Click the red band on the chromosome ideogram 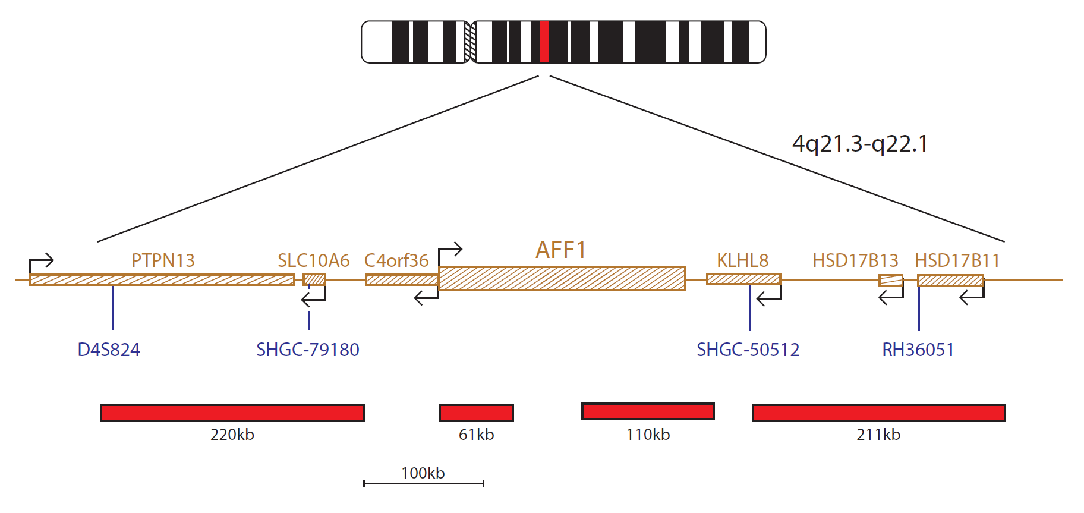pos(543,42)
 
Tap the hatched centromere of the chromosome pos(470,42)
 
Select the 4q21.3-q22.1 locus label pos(860,144)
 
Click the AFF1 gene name pos(561,250)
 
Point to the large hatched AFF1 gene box pos(562,278)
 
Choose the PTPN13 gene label pos(163,260)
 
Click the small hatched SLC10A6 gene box pos(314,279)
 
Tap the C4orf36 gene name pos(396,260)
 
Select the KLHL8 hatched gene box pos(743,279)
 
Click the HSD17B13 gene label pos(855,260)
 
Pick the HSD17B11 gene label pos(957,260)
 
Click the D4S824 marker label pos(109,350)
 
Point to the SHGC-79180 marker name pos(308,350)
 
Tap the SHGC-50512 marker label pos(748,350)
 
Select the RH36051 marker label pos(918,350)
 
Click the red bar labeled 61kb pos(477,413)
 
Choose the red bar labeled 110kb pos(648,411)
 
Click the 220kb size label pos(232,435)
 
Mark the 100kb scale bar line pos(424,483)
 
